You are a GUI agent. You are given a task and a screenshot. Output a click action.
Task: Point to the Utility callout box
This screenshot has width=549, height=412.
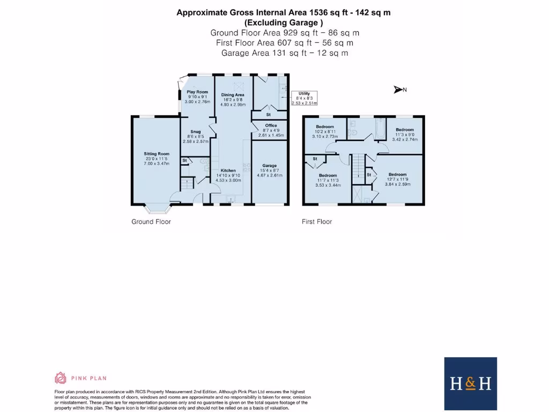tap(304, 99)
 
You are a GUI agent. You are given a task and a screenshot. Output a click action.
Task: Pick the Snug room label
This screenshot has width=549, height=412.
tap(195, 136)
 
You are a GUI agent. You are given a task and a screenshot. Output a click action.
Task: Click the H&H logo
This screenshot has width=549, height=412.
tap(470, 383)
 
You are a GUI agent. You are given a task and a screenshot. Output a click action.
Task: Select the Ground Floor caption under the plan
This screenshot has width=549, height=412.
tap(151, 222)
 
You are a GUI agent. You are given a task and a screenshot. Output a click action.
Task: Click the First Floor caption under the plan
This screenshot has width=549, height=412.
tap(317, 222)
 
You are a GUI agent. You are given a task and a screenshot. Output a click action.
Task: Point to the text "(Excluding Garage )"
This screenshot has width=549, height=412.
tap(284, 23)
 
